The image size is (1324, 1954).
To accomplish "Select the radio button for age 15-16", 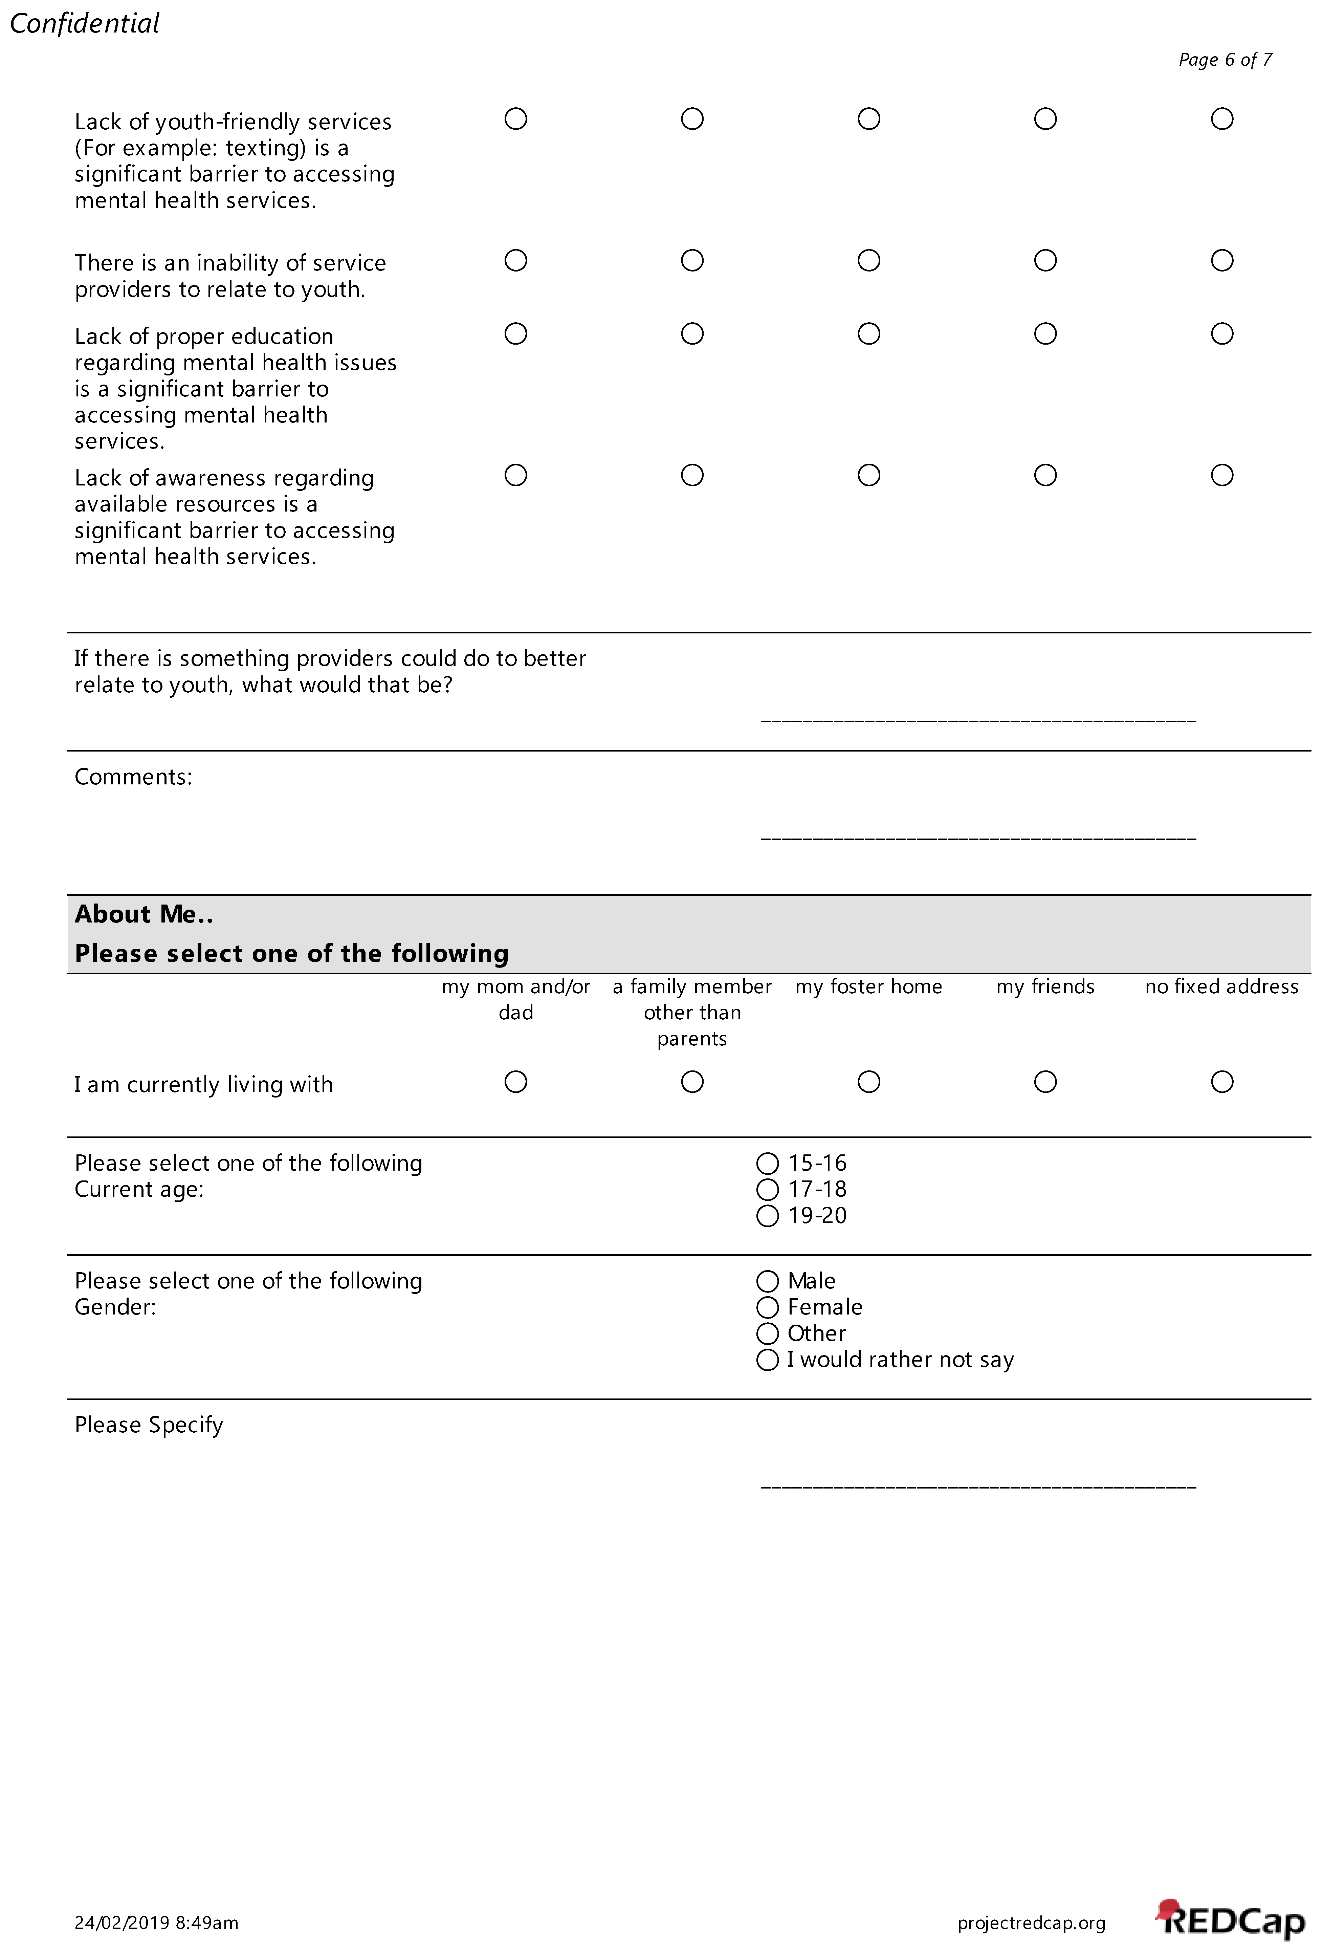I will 768,1164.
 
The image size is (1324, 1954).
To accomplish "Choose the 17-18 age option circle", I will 768,1190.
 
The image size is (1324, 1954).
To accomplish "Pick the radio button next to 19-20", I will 768,1216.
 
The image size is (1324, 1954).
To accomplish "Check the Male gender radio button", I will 768,1281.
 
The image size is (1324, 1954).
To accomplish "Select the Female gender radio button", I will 768,1307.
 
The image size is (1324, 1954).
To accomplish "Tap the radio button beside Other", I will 768,1333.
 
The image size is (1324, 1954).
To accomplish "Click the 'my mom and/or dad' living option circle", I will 516,1082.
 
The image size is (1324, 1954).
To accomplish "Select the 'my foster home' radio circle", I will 869,1082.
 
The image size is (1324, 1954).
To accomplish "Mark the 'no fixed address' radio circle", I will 1222,1082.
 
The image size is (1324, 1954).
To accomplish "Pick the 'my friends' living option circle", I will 1046,1082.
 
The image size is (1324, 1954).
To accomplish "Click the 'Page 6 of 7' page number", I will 1225,60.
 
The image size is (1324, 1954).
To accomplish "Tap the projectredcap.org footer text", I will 1032,1923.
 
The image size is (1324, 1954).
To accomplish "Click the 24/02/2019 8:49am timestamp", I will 156,1923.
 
